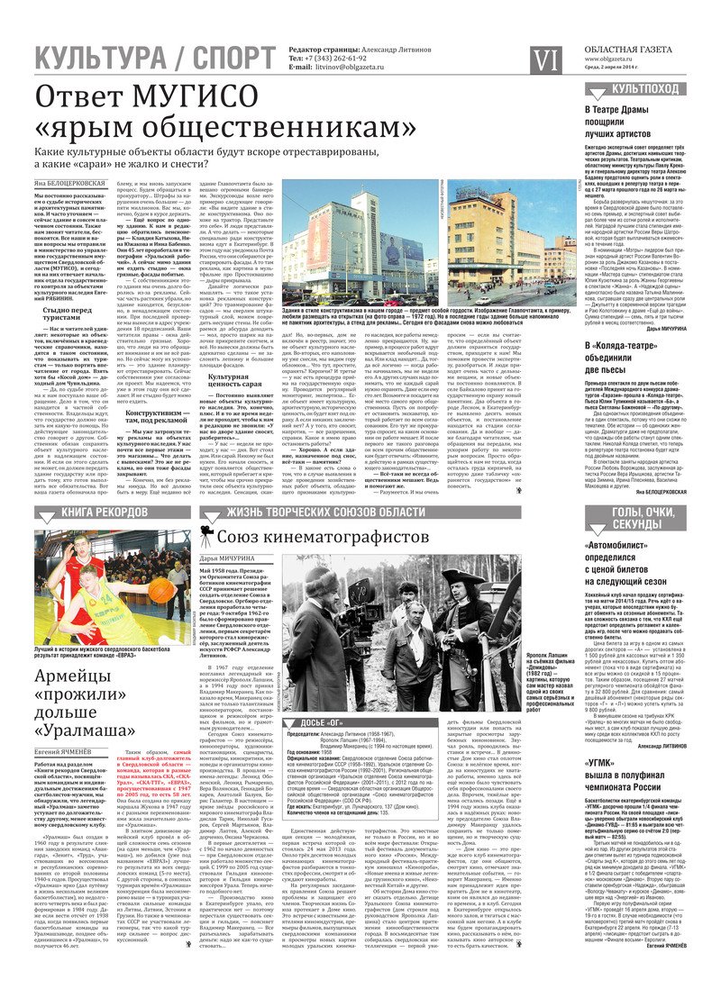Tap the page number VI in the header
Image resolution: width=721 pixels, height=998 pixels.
tap(546, 59)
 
